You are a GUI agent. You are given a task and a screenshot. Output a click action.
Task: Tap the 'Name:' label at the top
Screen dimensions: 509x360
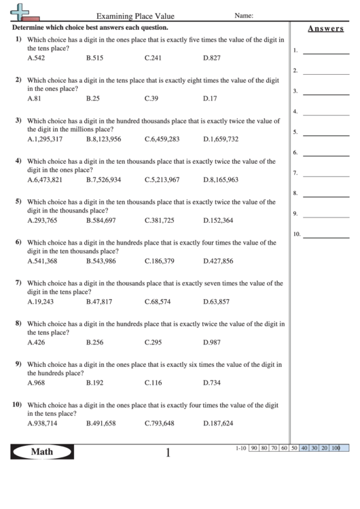[244, 15]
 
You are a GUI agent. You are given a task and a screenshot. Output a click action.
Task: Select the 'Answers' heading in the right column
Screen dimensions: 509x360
[325, 29]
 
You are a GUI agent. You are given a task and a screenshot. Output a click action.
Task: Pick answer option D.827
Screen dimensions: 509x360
[212, 58]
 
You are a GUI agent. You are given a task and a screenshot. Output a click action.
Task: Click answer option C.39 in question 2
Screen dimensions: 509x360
[151, 99]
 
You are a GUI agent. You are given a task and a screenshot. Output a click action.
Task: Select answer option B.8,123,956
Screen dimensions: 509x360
[104, 139]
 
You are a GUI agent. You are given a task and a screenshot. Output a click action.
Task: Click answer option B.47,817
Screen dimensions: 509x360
[99, 301]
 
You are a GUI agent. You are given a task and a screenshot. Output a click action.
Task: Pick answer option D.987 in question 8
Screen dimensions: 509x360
[212, 342]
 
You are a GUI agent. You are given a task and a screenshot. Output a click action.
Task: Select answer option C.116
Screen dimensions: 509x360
[154, 383]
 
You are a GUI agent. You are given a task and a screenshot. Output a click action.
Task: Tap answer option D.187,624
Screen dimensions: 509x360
[218, 423]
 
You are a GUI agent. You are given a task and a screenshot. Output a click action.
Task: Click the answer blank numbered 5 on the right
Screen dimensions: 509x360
[326, 134]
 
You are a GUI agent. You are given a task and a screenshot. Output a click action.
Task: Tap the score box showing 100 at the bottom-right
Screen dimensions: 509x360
[336, 449]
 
